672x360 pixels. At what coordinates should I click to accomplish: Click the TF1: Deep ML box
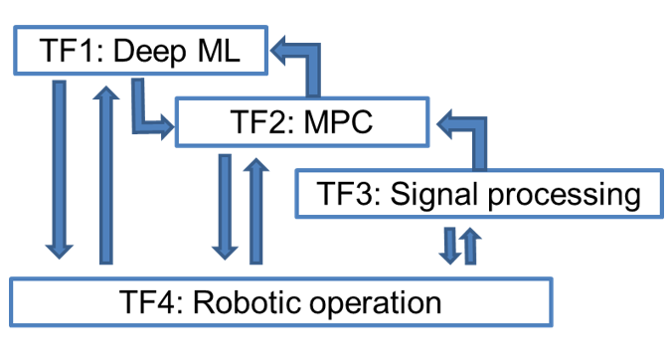click(141, 51)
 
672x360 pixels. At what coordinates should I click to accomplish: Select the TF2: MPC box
click(302, 122)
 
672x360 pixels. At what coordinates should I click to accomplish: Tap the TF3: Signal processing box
click(479, 194)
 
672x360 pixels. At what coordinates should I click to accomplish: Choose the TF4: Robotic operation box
click(281, 302)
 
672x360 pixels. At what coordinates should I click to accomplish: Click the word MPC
click(338, 122)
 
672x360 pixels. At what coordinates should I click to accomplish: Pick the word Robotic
click(248, 302)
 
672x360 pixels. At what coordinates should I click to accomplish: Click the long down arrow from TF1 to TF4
click(60, 169)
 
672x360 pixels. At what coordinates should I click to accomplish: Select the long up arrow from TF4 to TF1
click(105, 175)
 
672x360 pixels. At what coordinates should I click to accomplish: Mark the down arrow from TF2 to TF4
click(225, 207)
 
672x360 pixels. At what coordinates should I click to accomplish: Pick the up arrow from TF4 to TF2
click(255, 211)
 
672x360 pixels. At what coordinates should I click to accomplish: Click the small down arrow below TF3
click(450, 246)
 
